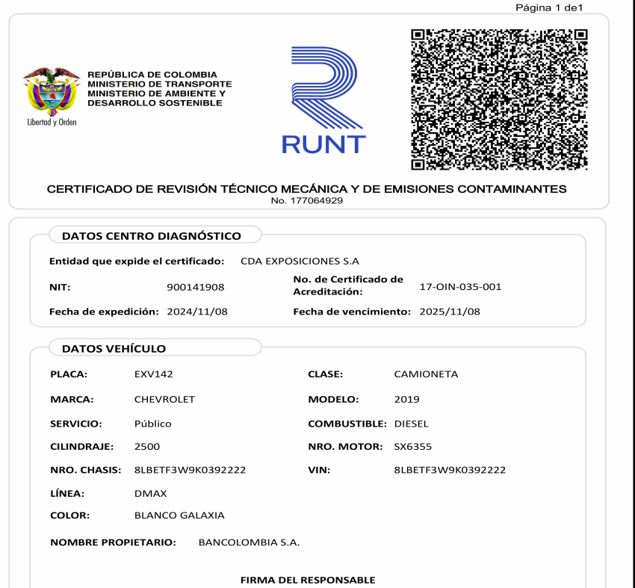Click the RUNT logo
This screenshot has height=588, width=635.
pyautogui.click(x=323, y=101)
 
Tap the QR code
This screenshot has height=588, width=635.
pyautogui.click(x=500, y=99)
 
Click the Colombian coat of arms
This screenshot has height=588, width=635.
pyautogui.click(x=52, y=93)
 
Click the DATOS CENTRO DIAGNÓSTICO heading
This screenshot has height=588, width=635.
pyautogui.click(x=151, y=236)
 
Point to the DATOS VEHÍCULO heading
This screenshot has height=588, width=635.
pyautogui.click(x=114, y=348)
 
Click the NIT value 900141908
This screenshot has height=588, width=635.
pyautogui.click(x=195, y=287)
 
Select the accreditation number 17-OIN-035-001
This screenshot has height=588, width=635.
pyautogui.click(x=460, y=286)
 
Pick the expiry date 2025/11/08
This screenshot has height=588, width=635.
pyautogui.click(x=450, y=312)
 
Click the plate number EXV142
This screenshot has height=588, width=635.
pyautogui.click(x=153, y=374)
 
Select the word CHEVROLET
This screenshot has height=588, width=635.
pyautogui.click(x=164, y=400)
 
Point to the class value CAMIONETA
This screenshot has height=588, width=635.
pyautogui.click(x=426, y=374)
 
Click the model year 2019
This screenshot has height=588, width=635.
pyautogui.click(x=406, y=400)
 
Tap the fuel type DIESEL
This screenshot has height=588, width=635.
pyautogui.click(x=411, y=424)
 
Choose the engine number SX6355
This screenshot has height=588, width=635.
pyautogui.click(x=412, y=447)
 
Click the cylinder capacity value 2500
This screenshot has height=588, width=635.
pyautogui.click(x=146, y=447)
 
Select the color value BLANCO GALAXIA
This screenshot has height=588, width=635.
pyautogui.click(x=179, y=516)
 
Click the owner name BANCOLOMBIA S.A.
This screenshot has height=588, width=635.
pyautogui.click(x=249, y=542)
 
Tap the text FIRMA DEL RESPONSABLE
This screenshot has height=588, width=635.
pyautogui.click(x=307, y=580)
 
